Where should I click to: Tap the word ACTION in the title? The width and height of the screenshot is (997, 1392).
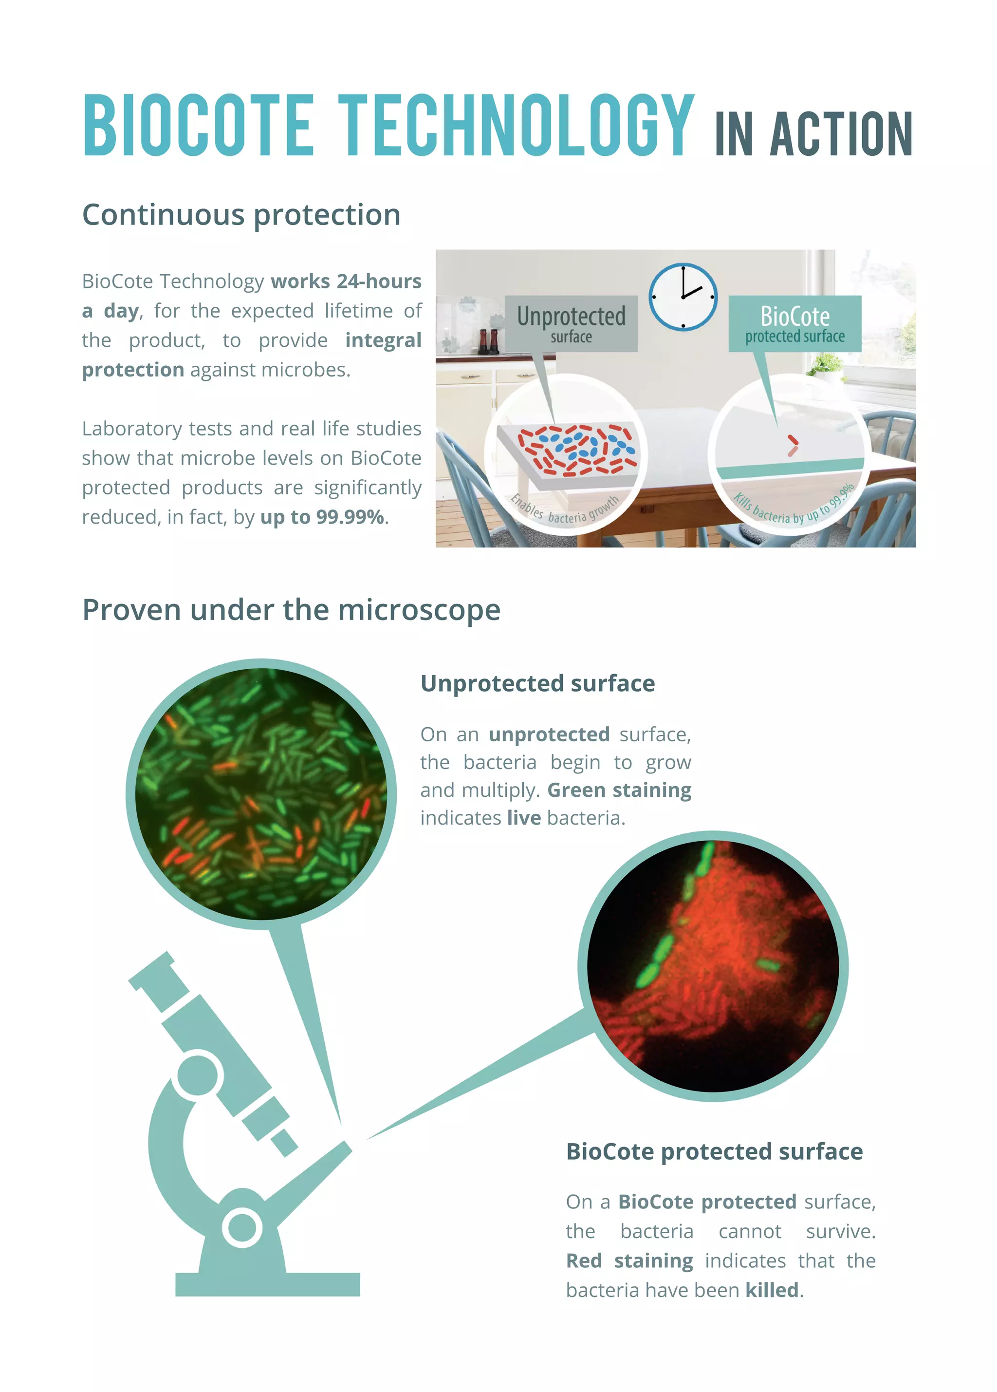(841, 134)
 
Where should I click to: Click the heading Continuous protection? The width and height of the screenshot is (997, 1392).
(241, 215)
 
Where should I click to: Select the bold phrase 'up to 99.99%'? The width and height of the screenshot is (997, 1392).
(322, 517)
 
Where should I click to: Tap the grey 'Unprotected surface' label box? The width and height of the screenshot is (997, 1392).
(571, 323)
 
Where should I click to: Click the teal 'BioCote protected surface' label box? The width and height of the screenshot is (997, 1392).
(794, 323)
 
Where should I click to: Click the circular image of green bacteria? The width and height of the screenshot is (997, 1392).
(261, 793)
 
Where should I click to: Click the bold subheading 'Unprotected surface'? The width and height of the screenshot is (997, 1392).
(537, 684)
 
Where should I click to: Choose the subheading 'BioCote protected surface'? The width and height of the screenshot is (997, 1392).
(714, 1152)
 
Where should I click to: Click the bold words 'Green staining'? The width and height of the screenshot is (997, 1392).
(619, 790)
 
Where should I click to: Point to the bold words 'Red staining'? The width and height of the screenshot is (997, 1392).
(629, 1260)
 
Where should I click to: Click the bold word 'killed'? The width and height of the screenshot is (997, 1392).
(771, 1290)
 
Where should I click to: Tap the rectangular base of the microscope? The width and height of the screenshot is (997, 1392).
(267, 1284)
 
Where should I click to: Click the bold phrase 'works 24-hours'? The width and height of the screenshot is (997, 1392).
(346, 281)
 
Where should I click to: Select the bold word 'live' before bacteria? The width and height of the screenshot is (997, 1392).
(523, 818)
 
